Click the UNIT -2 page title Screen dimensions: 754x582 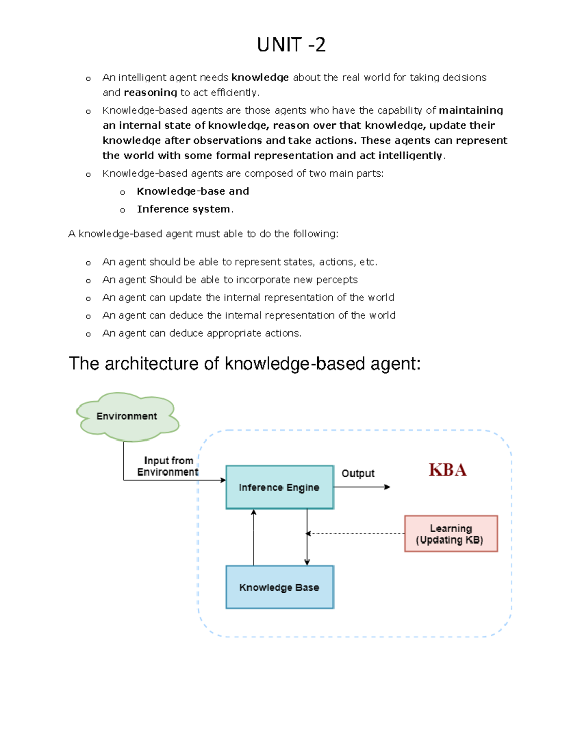point(291,45)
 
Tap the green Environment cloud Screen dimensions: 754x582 point(127,416)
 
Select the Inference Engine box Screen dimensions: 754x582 point(279,487)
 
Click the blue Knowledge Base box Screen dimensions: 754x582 point(279,587)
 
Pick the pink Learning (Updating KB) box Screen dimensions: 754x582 point(451,534)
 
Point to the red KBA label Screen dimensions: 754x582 point(447,469)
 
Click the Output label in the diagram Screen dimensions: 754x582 point(358,473)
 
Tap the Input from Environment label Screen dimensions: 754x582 point(168,466)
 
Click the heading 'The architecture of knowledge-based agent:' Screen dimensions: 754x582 point(244,364)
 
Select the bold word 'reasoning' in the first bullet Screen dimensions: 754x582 point(150,92)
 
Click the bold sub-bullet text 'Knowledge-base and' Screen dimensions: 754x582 point(193,191)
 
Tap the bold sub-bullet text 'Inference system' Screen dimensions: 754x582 point(183,209)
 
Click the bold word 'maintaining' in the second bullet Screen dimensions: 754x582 point(471,110)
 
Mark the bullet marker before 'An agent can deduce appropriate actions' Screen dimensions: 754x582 point(88,334)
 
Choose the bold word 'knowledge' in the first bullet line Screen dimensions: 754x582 point(260,78)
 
